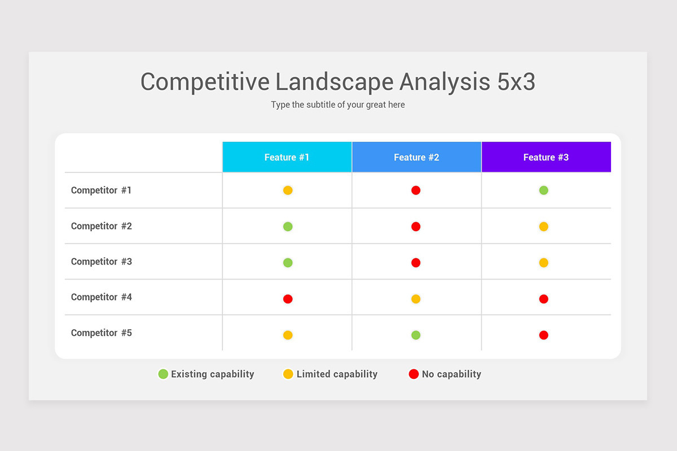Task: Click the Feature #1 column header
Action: click(x=287, y=157)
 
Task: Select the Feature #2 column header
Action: click(x=416, y=157)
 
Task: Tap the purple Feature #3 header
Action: click(x=546, y=157)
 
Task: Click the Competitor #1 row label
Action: click(x=101, y=191)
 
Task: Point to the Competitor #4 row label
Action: click(x=101, y=297)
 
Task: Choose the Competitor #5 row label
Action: click(x=101, y=333)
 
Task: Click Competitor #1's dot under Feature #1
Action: click(x=288, y=191)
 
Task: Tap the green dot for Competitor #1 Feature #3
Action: click(x=543, y=191)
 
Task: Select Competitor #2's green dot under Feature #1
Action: click(x=288, y=227)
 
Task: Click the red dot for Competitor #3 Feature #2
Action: click(x=416, y=263)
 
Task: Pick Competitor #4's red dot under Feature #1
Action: click(x=288, y=299)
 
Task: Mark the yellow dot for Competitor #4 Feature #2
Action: click(x=416, y=299)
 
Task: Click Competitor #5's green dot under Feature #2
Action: click(x=416, y=335)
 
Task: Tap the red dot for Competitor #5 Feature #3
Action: click(x=543, y=335)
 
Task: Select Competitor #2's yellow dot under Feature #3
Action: click(x=543, y=227)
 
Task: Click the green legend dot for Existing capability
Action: click(x=163, y=374)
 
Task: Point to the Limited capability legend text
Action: click(x=337, y=374)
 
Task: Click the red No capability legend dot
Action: click(x=414, y=374)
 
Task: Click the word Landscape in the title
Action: click(x=335, y=82)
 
